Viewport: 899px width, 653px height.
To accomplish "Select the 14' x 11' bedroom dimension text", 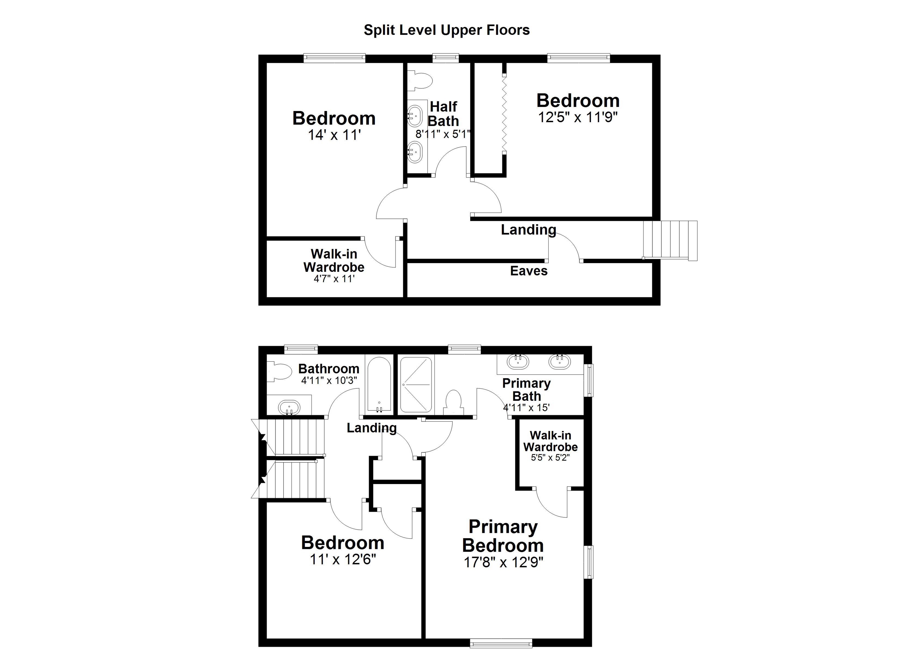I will (334, 135).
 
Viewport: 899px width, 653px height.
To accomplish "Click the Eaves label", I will (529, 271).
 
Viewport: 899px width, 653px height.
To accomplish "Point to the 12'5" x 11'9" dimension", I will (578, 117).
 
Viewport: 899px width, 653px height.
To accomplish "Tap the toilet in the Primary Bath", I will (454, 402).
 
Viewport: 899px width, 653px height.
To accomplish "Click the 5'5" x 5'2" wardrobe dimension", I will (550, 458).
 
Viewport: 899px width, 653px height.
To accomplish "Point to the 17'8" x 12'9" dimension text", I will (503, 562).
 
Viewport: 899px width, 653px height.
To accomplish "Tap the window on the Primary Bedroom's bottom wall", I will (501, 643).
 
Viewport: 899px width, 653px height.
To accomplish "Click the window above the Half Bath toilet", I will (445, 58).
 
